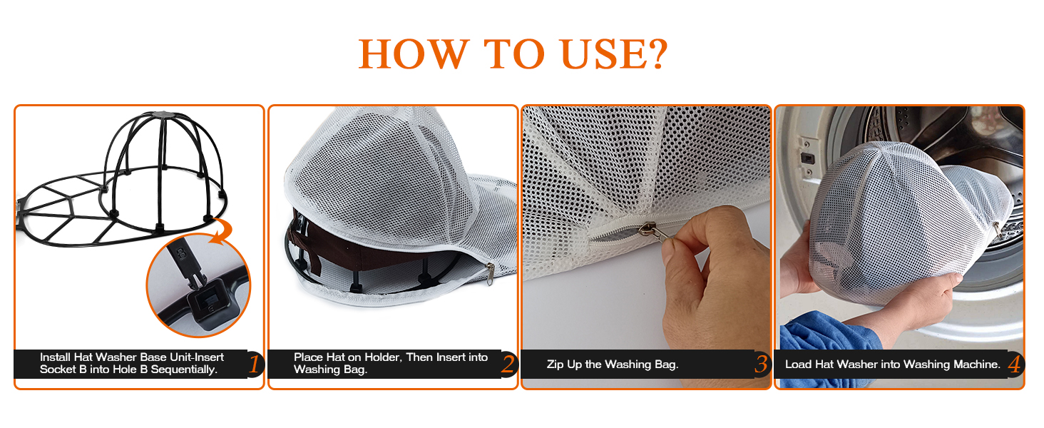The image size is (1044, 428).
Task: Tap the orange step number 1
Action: tap(255, 365)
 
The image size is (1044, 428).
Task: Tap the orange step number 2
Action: tap(508, 365)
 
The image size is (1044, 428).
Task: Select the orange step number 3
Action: tap(761, 365)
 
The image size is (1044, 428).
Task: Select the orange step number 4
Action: tap(1014, 365)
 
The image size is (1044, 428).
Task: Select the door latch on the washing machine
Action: tap(807, 158)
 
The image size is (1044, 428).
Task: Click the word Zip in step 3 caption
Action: tap(556, 365)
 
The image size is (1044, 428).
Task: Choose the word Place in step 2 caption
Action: tap(308, 357)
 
